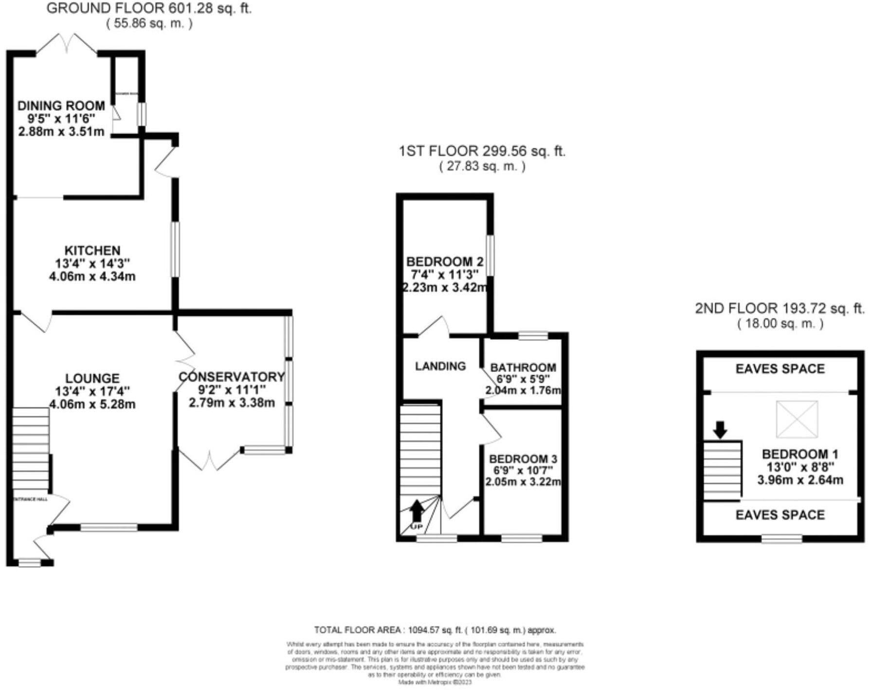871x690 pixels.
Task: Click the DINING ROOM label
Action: click(x=61, y=106)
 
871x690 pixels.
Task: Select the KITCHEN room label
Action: click(x=92, y=250)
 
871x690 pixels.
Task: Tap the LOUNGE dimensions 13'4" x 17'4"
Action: click(x=92, y=391)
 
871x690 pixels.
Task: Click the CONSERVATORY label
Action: click(x=232, y=377)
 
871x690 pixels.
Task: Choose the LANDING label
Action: click(x=440, y=366)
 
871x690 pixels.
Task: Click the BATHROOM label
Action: click(x=523, y=368)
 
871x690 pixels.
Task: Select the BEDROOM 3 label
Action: click(x=523, y=459)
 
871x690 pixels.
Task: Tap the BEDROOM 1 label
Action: click(x=800, y=454)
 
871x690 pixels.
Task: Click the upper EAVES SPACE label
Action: click(x=780, y=369)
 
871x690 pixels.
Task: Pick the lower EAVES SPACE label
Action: click(x=780, y=515)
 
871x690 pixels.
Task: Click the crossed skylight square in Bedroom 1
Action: click(x=797, y=419)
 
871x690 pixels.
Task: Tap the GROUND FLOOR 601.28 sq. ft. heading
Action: click(x=149, y=8)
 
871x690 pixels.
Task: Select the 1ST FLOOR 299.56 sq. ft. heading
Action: click(x=482, y=151)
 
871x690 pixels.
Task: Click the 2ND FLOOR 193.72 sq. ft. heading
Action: click(x=780, y=308)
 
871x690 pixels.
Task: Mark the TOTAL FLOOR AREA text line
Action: click(x=435, y=630)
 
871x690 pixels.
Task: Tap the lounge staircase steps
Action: click(x=30, y=447)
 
